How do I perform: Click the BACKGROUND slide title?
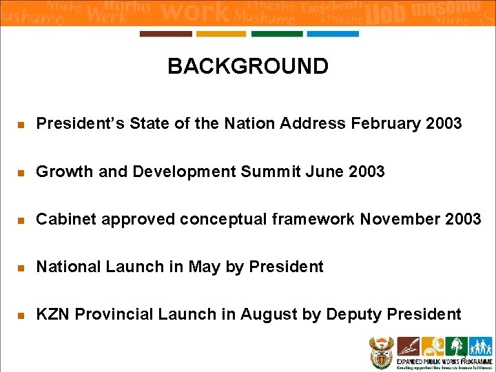(248, 67)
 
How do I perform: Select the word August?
(269, 315)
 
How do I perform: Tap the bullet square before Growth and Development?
(21, 172)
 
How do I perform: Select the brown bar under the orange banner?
(165, 34)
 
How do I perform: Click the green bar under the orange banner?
(277, 34)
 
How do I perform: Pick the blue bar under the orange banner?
(333, 34)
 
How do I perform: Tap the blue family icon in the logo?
(481, 345)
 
